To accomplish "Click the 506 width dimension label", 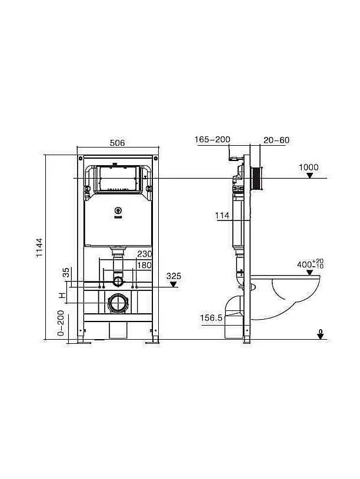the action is [117, 143].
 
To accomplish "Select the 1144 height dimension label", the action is [39, 247].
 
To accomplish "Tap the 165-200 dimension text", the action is [212, 140].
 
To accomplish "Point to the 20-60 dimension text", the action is [276, 140].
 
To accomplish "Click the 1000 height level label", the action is [309, 167].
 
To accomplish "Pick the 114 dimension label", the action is [222, 216].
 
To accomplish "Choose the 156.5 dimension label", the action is [211, 318].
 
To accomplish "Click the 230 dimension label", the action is [144, 253].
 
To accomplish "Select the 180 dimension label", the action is [144, 265].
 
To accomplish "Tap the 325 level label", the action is [174, 276].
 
